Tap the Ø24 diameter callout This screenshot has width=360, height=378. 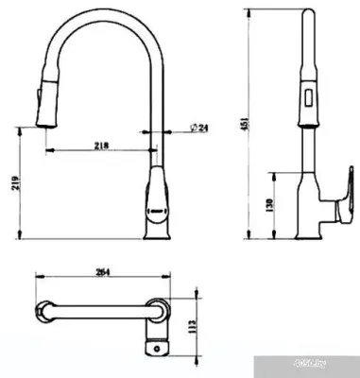pyautogui.click(x=199, y=128)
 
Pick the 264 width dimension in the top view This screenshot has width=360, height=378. pyautogui.click(x=104, y=271)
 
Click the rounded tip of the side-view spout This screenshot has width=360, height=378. pyautogui.click(x=308, y=14)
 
